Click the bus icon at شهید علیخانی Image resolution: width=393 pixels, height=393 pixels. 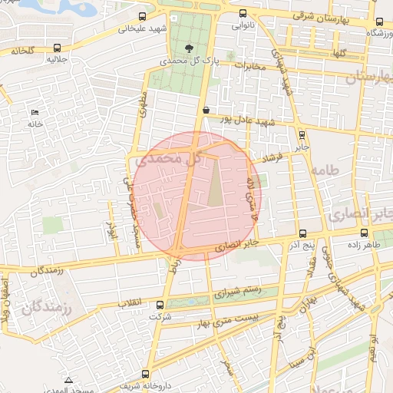(142, 16)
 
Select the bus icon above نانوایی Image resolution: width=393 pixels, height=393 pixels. (243, 13)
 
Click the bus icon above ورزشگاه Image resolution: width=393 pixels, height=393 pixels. (377, 21)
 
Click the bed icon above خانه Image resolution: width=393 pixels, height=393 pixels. (35, 113)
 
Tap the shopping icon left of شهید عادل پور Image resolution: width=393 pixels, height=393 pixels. (206, 110)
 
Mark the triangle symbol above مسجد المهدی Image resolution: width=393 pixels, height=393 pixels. (69, 380)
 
